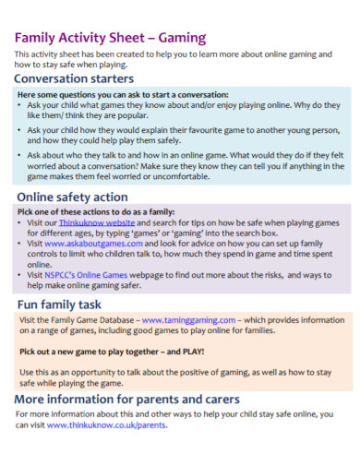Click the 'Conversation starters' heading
74,78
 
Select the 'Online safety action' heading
72,197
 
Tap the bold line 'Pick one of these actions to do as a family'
97,211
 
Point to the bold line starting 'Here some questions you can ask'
122,95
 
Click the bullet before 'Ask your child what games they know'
22,105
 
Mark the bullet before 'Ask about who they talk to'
22,157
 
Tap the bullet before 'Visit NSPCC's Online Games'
22,274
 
